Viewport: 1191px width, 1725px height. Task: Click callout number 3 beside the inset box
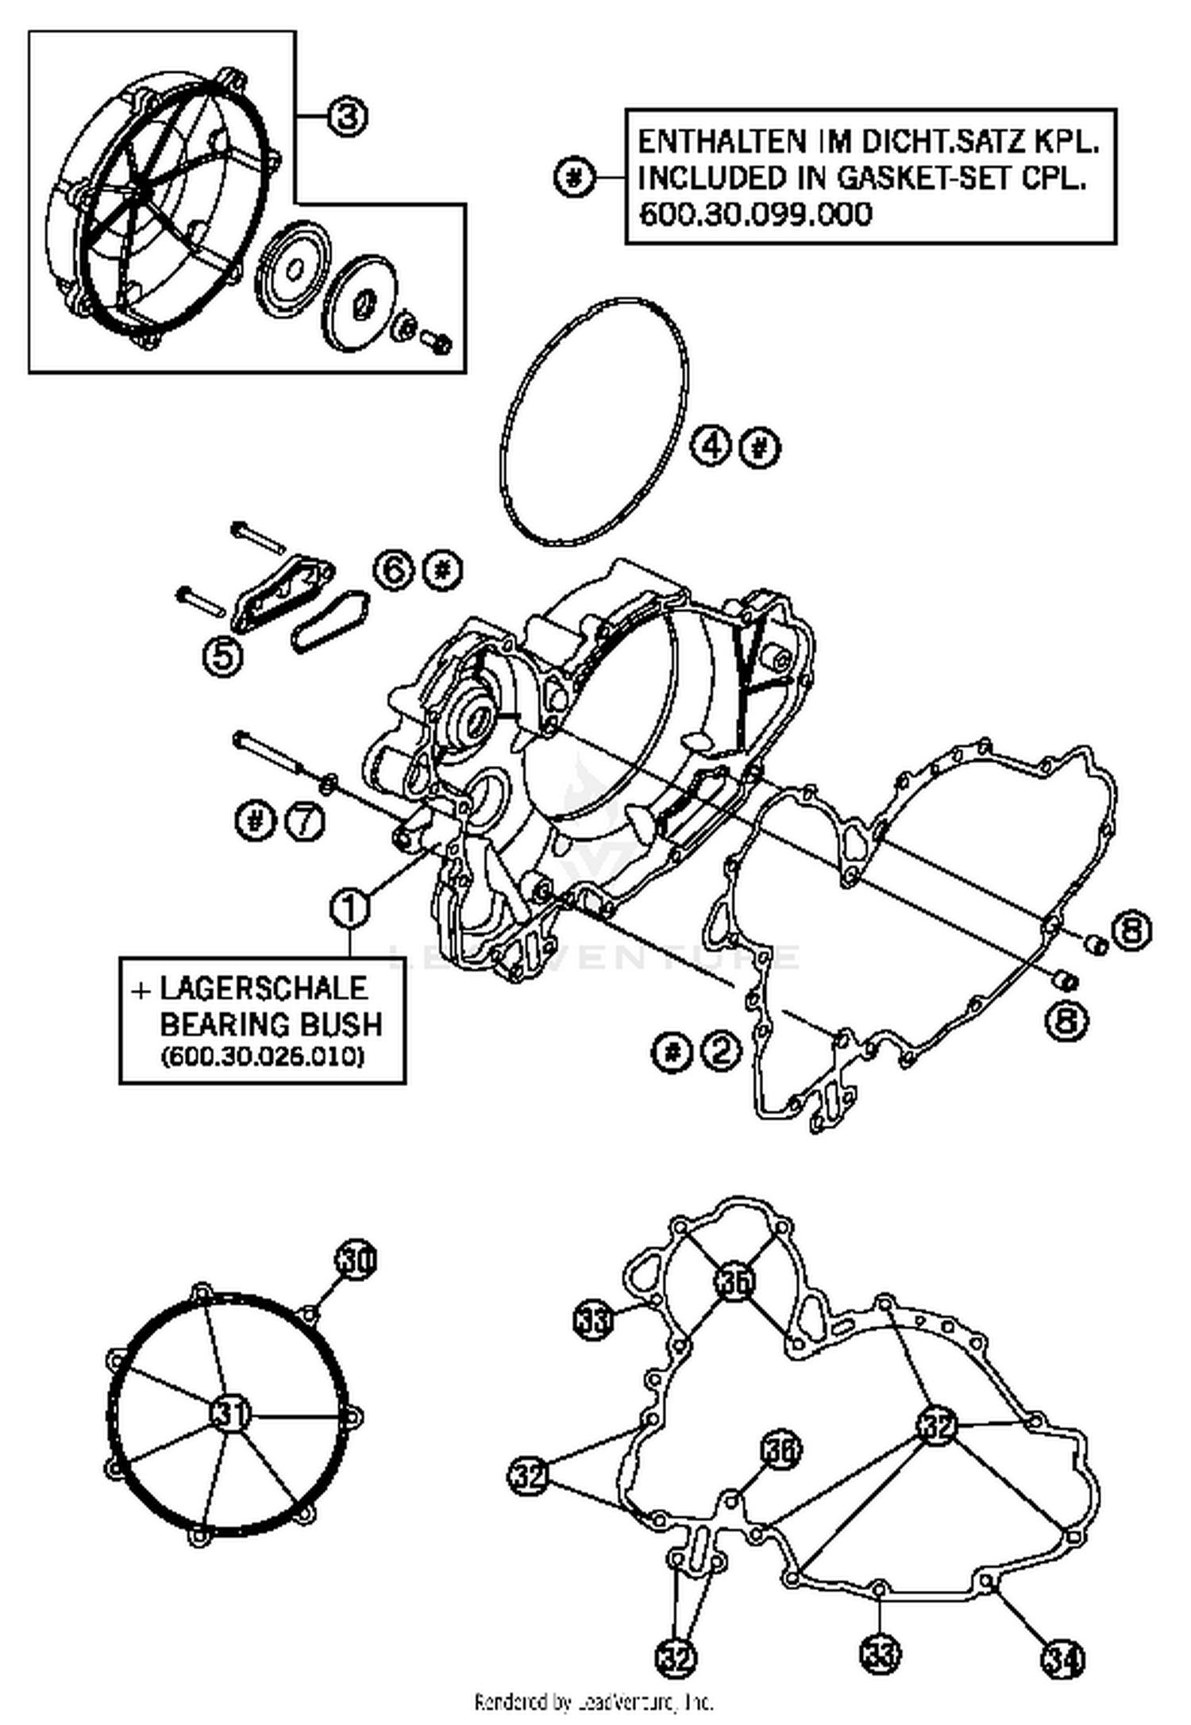coord(347,117)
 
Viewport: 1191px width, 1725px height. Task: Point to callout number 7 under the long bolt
coord(306,821)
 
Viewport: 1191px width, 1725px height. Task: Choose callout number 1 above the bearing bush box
coord(350,909)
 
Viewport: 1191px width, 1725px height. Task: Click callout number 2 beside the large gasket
coord(719,1052)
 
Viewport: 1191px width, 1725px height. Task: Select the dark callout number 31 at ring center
coord(230,1413)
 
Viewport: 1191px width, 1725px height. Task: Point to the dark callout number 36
coord(781,1450)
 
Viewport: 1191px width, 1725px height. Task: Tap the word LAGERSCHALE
coord(264,988)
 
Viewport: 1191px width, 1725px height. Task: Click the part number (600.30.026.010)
coord(262,1058)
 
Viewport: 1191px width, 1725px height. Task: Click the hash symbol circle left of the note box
coord(573,177)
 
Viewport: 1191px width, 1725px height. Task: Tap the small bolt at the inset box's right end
coord(436,343)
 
